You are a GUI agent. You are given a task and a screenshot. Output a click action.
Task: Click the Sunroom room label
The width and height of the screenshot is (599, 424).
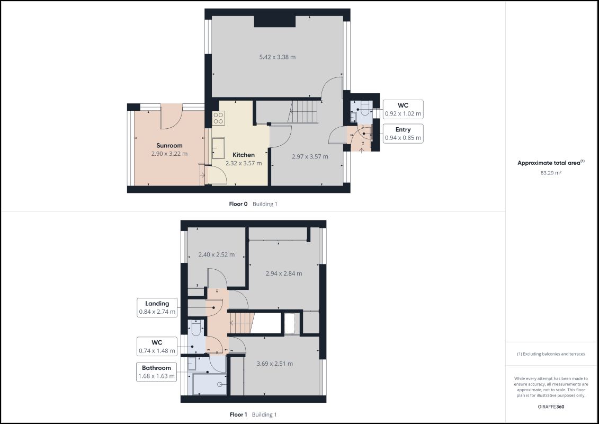click(x=169, y=145)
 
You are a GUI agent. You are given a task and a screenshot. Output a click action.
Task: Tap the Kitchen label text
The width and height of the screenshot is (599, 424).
click(x=243, y=155)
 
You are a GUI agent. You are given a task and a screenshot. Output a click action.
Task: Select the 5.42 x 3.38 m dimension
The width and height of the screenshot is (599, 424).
click(x=278, y=57)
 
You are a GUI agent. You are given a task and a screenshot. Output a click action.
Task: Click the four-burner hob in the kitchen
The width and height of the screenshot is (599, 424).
click(x=219, y=118)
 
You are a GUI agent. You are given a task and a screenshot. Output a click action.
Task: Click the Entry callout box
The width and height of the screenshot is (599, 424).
click(x=403, y=134)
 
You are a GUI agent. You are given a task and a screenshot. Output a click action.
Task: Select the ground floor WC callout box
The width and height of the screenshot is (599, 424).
click(x=403, y=109)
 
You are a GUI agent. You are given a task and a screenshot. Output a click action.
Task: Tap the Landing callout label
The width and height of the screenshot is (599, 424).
click(x=157, y=304)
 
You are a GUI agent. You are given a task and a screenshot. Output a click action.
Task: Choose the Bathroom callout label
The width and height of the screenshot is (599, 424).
click(x=157, y=368)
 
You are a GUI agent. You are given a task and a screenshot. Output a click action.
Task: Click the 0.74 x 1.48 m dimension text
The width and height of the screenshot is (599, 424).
click(x=157, y=350)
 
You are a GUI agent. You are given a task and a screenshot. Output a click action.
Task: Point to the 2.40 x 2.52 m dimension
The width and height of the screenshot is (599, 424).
click(x=217, y=254)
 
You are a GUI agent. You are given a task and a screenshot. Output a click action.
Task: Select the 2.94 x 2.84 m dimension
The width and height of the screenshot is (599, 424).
click(x=284, y=273)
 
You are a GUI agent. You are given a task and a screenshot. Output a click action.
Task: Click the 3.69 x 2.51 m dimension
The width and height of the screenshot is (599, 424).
click(x=275, y=364)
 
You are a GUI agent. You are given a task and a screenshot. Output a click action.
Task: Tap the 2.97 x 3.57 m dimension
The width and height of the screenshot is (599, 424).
click(x=310, y=156)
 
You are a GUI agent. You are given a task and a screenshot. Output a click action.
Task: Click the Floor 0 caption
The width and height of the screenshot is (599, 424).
click(x=238, y=204)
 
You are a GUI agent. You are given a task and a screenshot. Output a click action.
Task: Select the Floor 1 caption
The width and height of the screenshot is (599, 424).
click(x=238, y=414)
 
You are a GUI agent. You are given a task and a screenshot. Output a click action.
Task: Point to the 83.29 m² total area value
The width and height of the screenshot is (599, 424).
click(x=551, y=173)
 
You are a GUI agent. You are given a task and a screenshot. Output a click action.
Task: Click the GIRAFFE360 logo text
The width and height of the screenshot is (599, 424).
click(x=551, y=407)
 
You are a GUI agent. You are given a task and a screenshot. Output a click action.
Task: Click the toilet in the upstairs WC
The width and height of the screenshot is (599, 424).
click(x=196, y=328)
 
